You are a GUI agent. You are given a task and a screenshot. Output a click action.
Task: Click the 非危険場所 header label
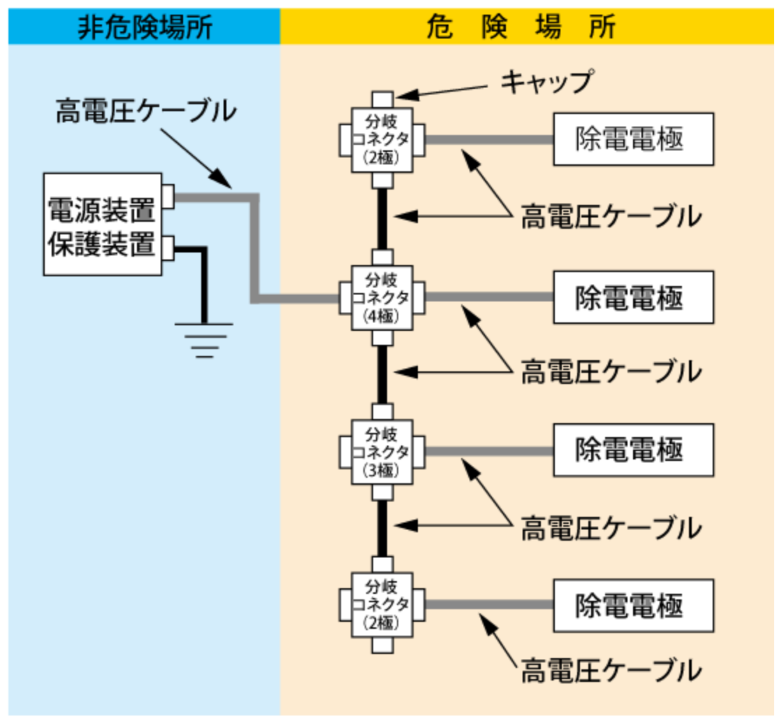tap(143, 26)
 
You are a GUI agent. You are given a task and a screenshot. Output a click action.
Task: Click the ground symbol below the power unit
tap(203, 339)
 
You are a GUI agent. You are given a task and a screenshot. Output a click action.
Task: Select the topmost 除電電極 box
tap(633, 139)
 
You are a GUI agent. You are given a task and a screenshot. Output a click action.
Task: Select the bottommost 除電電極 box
tap(633, 604)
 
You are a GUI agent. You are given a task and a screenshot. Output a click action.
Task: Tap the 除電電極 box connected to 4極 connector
tap(633, 297)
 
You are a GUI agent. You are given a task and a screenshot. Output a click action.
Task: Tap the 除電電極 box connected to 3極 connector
tap(633, 451)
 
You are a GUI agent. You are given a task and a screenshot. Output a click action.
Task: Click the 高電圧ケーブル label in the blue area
tap(146, 112)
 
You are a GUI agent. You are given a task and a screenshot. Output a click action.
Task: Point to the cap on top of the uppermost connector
tap(382, 99)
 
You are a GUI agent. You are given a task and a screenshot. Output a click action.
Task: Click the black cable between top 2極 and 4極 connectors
tap(382, 218)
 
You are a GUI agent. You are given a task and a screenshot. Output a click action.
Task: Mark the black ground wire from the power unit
tap(203, 280)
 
